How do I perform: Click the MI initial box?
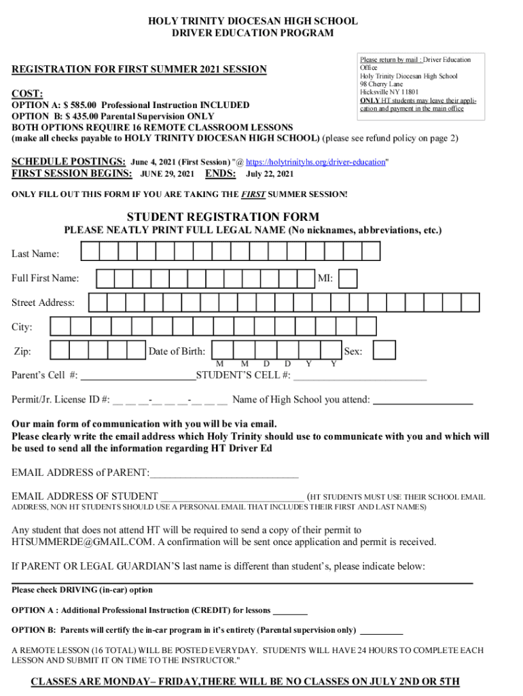(x=348, y=279)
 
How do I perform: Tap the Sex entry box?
(x=384, y=350)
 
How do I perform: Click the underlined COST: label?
(x=27, y=93)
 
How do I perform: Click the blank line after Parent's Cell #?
(x=138, y=375)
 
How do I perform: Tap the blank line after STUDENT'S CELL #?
(x=360, y=375)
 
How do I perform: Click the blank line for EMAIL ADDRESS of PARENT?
(x=224, y=472)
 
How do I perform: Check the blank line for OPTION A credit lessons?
(x=290, y=610)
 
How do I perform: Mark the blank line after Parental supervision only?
(x=381, y=629)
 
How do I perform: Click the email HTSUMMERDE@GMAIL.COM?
(x=81, y=542)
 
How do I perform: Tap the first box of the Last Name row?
(x=90, y=252)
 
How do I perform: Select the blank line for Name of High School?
(x=423, y=400)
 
